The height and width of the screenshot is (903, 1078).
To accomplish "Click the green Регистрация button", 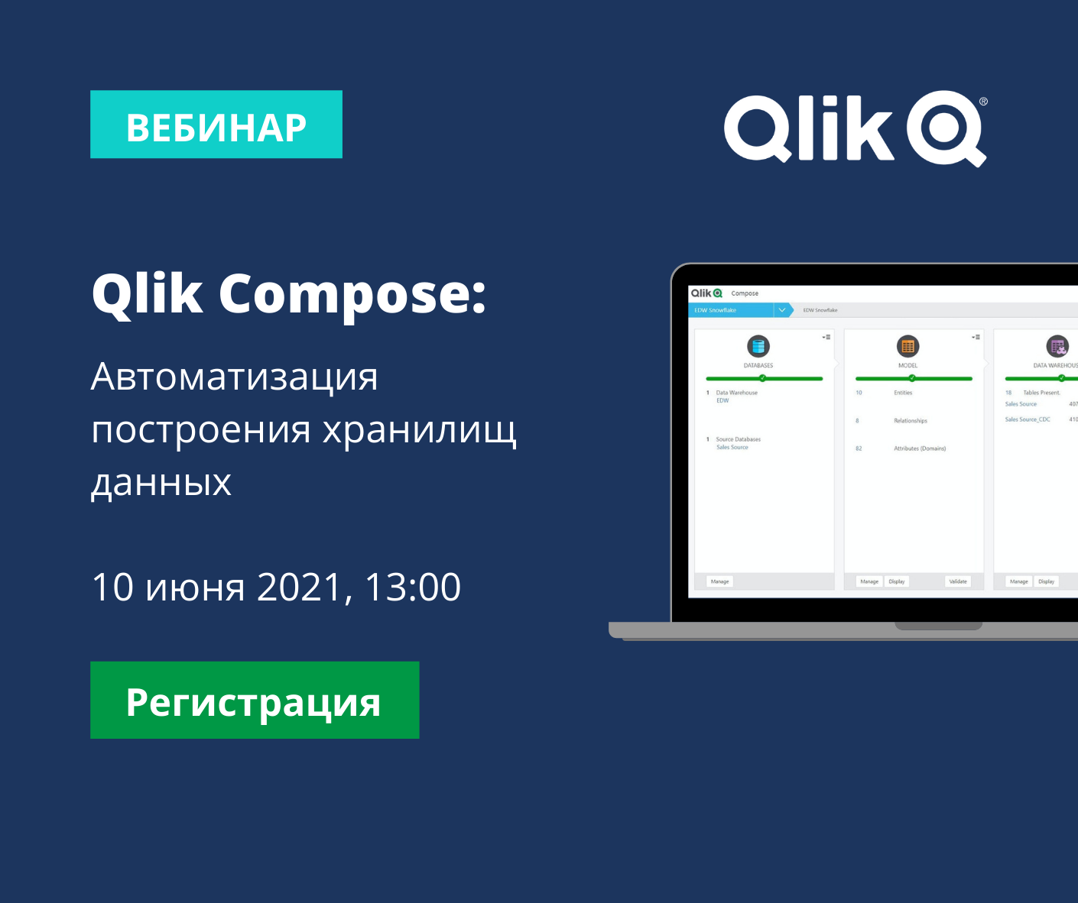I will click(255, 700).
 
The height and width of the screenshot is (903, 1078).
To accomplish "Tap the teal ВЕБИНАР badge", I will click(216, 125).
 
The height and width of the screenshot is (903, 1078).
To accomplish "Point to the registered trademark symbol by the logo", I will click(983, 101).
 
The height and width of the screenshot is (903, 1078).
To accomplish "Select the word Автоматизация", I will click(234, 377).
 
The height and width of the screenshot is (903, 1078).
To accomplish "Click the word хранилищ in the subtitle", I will click(420, 430).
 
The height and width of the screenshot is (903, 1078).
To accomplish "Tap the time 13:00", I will click(413, 587).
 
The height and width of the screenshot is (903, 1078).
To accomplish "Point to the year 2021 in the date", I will click(300, 587).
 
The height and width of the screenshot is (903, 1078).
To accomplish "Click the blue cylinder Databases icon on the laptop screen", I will click(758, 346).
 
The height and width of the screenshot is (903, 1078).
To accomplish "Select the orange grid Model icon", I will click(908, 346).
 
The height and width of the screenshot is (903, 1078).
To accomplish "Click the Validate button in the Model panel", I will click(958, 581).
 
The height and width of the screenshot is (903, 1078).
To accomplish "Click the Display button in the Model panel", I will click(897, 581).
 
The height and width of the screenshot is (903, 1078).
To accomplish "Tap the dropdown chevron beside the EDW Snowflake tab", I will click(782, 310).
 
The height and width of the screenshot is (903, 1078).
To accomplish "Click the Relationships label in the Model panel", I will click(911, 421).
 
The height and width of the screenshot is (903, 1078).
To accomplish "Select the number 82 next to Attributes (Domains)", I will click(859, 448).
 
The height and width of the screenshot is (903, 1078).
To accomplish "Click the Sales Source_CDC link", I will click(1028, 419).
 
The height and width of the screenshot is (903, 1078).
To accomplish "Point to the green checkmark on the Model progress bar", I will click(912, 378).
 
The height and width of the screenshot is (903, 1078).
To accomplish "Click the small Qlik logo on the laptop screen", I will click(706, 293).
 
